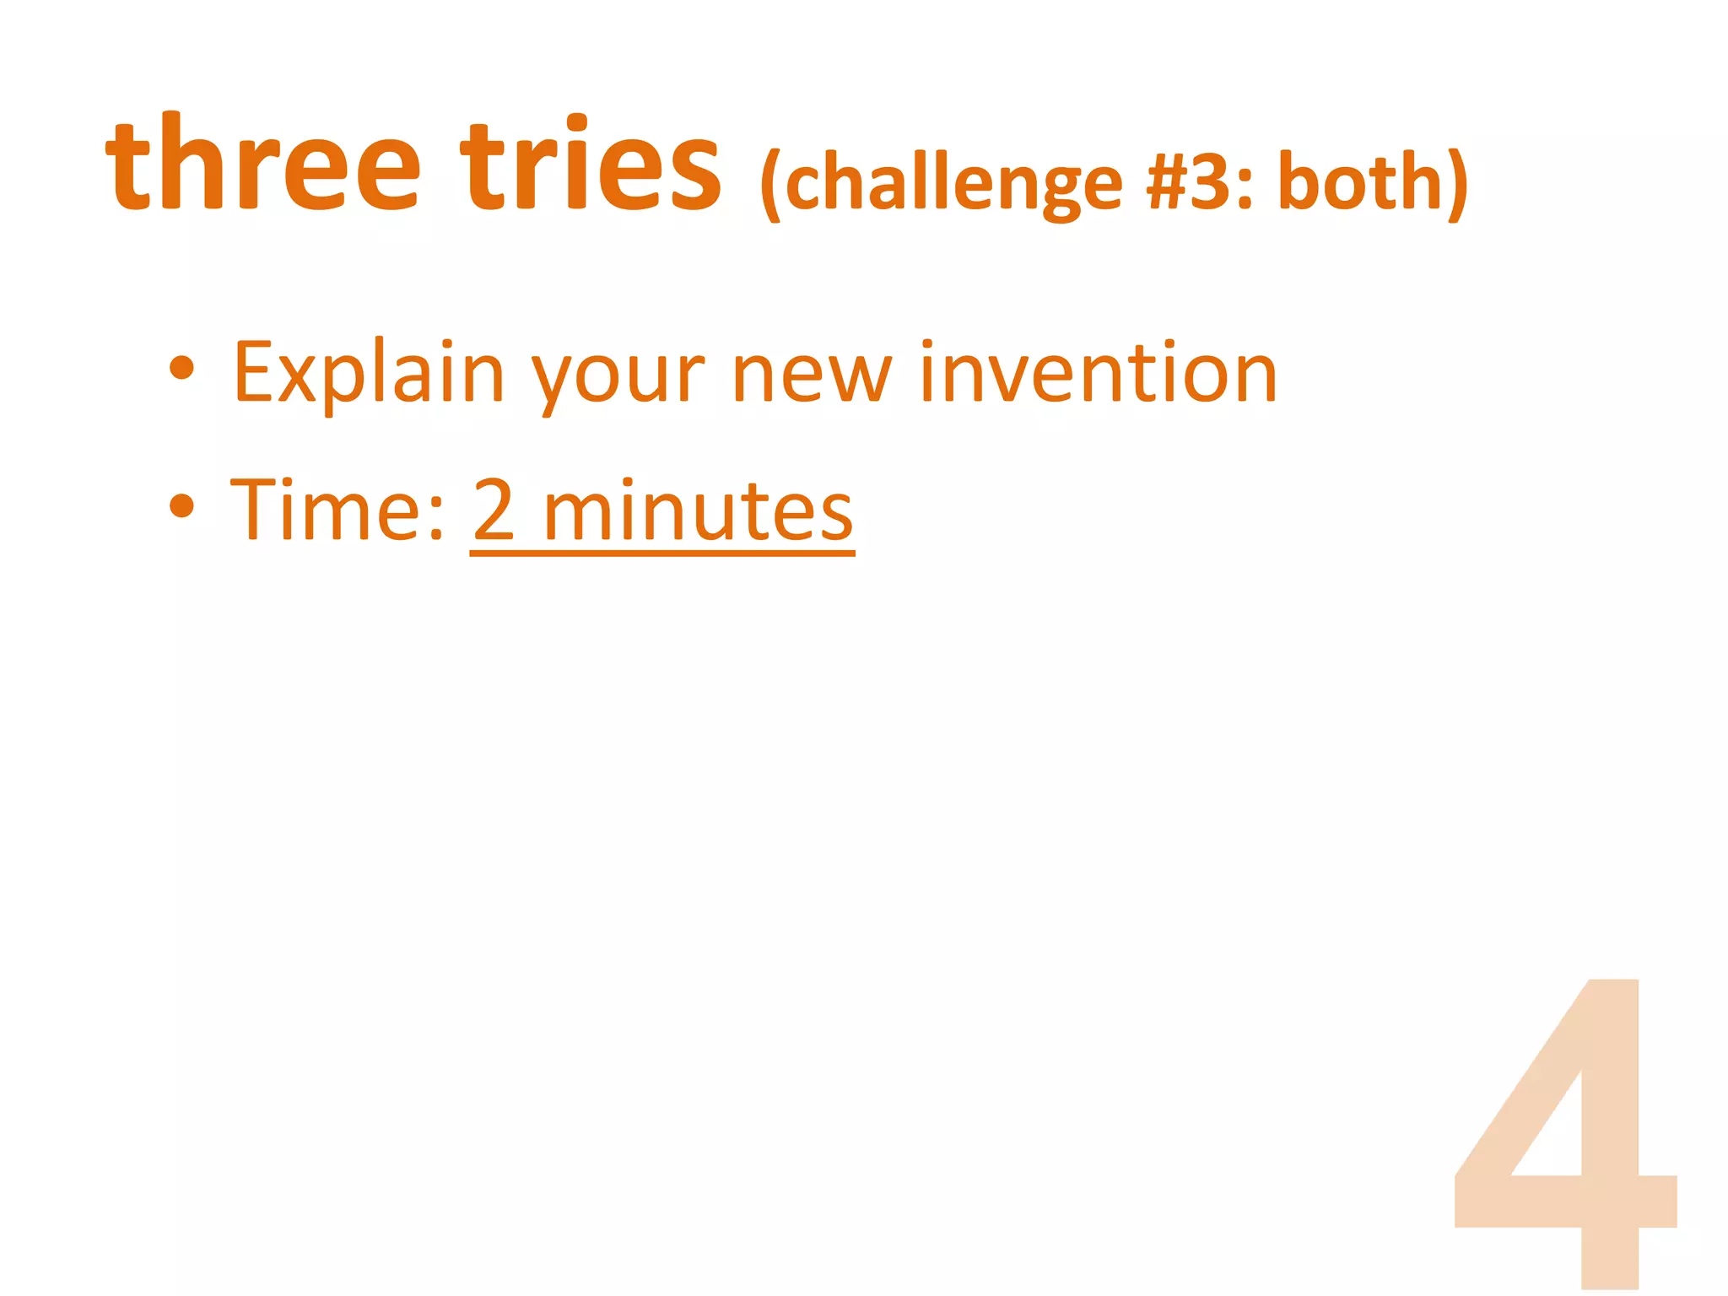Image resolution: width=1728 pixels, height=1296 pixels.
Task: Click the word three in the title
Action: (262, 165)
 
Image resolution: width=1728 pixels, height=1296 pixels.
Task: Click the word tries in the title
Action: (590, 165)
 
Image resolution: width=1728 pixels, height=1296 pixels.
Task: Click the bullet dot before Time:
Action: (181, 506)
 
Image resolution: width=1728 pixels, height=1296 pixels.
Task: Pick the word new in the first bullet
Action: (811, 375)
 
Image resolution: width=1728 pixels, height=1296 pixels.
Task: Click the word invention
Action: (1098, 371)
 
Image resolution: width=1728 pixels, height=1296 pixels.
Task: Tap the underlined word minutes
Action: (698, 510)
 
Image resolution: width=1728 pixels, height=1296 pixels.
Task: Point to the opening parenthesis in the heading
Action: (769, 185)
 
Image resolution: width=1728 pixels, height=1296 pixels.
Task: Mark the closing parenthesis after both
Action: (1457, 185)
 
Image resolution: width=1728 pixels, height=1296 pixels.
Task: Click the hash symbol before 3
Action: (1167, 182)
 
